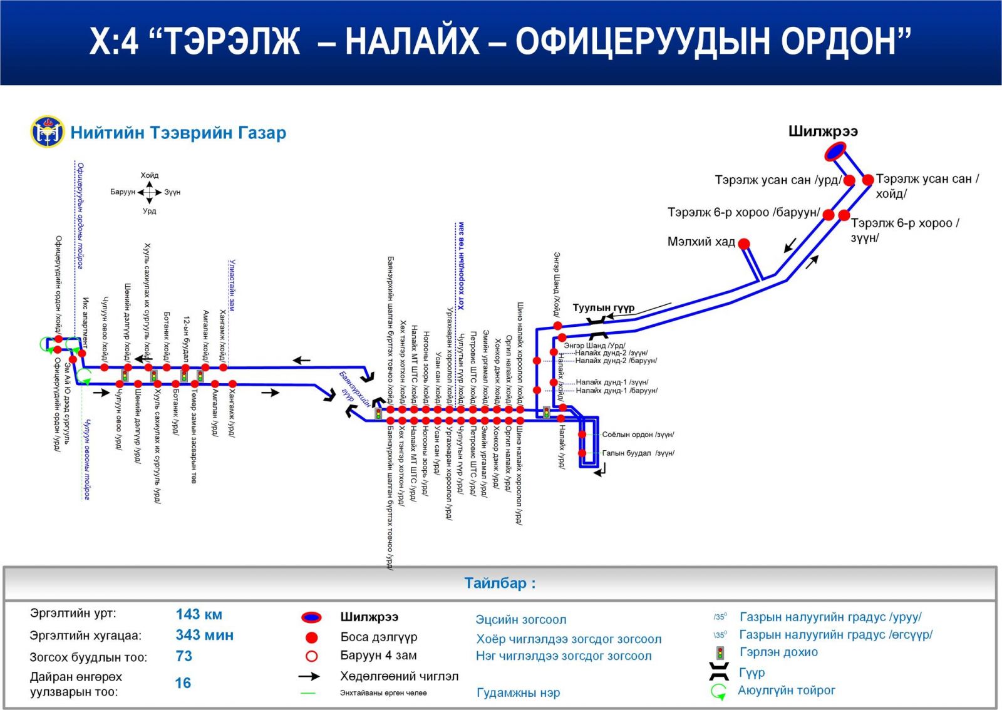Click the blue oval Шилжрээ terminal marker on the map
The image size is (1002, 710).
tap(835, 152)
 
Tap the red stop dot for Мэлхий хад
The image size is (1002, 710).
tap(744, 244)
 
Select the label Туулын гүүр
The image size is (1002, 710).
tap(603, 308)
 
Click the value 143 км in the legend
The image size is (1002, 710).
tap(199, 614)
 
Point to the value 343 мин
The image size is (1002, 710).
tap(204, 635)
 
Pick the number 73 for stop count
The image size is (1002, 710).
tap(184, 656)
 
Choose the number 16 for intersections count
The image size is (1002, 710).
tap(183, 683)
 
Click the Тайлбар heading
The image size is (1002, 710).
tap(500, 584)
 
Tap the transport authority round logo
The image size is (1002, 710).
tap(47, 131)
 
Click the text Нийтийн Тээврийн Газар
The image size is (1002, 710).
tap(178, 133)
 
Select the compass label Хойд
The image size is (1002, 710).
tap(150, 175)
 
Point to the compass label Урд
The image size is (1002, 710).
tap(150, 211)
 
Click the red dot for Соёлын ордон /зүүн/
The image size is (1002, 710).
tap(582, 435)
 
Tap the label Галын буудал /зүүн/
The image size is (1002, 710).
tap(638, 453)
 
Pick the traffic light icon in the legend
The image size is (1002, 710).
tap(720, 653)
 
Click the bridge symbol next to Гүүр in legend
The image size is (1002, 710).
tap(719, 672)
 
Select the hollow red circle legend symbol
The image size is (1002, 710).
tap(311, 656)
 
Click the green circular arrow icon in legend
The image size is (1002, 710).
tap(718, 692)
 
